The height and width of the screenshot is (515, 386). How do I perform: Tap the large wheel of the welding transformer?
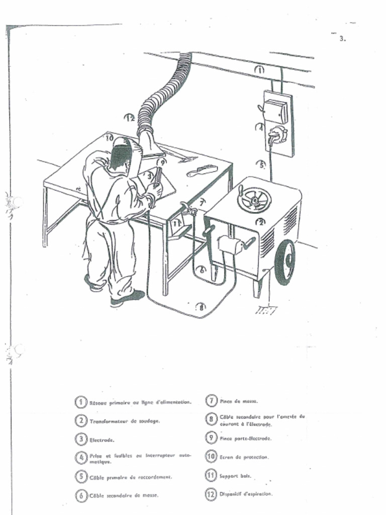[284, 262]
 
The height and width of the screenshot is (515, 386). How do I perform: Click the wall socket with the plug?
[277, 135]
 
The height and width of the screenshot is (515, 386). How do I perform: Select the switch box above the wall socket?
[276, 111]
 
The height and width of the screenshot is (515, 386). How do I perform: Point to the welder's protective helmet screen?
[121, 156]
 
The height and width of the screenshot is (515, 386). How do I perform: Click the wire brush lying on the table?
[202, 170]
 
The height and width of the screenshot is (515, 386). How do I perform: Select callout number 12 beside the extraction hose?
[130, 118]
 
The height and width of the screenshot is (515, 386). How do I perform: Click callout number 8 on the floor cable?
[201, 306]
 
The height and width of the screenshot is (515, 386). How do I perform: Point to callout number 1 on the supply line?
[259, 70]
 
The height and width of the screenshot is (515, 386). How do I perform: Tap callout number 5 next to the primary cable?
[261, 164]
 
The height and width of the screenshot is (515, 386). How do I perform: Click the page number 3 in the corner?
[342, 38]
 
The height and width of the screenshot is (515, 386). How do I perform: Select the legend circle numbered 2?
[80, 420]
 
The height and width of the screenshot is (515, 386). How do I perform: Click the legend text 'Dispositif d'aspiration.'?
[246, 494]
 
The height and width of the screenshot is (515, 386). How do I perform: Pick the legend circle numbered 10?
[211, 457]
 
